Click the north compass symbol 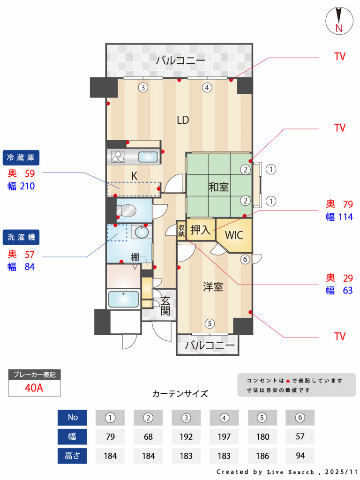[338, 21]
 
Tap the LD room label [183, 120]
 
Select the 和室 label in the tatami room [218, 187]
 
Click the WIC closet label [234, 235]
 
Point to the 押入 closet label [201, 230]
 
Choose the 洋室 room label [213, 287]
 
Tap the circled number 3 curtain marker [143, 87]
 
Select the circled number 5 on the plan [210, 323]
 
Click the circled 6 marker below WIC [244, 259]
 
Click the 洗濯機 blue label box [21, 237]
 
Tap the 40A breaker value [34, 388]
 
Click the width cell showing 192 [186, 437]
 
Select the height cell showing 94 [300, 456]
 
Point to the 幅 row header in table [72, 437]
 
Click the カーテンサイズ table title [180, 394]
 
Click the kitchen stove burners [118, 157]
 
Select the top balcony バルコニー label [180, 60]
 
